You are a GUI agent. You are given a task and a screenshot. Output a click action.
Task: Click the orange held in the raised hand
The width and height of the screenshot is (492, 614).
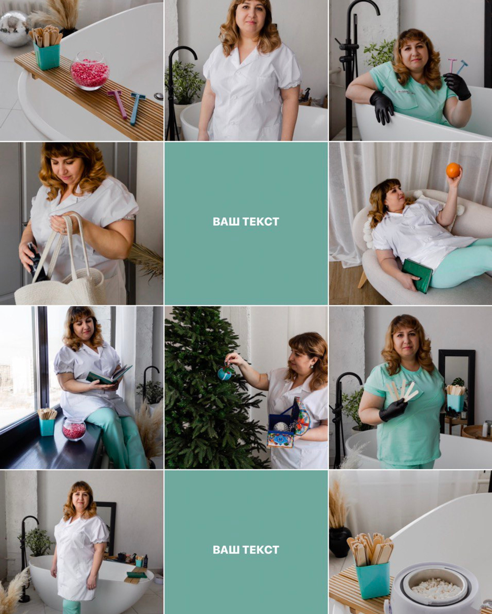click(453, 170)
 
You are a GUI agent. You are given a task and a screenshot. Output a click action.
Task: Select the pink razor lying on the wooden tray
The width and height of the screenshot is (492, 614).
click(118, 103)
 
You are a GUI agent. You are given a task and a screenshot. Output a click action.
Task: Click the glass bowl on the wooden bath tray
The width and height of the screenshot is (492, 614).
click(90, 71)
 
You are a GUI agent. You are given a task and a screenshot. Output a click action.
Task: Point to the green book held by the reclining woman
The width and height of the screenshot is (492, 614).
click(417, 276)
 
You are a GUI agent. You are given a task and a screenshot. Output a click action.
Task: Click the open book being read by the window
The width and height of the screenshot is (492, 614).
click(109, 375)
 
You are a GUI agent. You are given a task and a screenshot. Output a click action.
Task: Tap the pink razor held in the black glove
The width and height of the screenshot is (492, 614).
click(451, 66)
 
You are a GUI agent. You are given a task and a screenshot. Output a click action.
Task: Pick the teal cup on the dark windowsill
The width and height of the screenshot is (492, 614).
click(47, 426)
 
